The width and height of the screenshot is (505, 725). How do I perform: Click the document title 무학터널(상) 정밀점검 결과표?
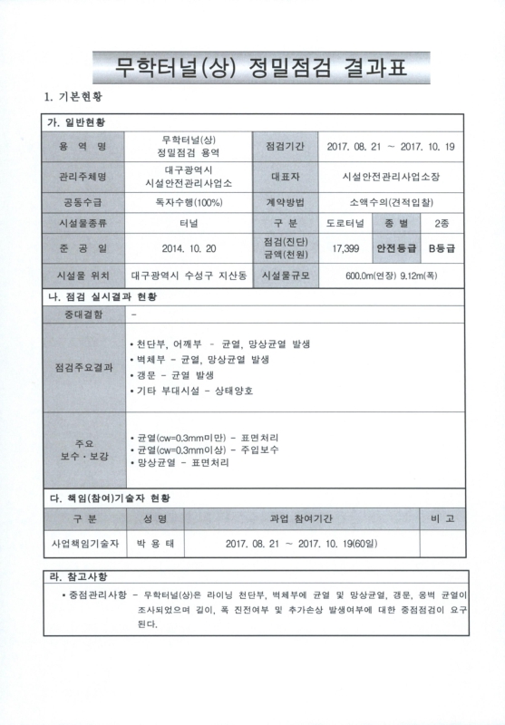[253, 65]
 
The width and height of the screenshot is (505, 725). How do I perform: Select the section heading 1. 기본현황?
[73, 96]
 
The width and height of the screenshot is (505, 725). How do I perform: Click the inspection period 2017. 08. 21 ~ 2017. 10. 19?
[391, 146]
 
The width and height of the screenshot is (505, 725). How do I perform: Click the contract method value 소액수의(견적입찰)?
[391, 201]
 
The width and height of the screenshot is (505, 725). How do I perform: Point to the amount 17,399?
[345, 246]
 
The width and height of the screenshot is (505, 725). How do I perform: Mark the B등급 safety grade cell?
[442, 246]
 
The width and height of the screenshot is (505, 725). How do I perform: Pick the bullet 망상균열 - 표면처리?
[180, 462]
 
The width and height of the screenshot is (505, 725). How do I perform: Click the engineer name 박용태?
[154, 543]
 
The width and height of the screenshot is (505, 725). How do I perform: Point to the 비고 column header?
[442, 519]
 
